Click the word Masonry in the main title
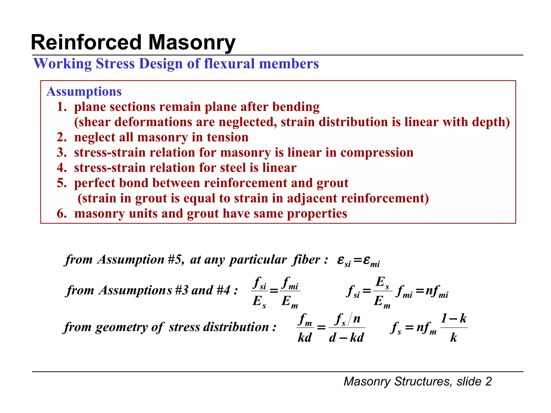pyautogui.click(x=192, y=42)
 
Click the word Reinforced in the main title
pyautogui.click(x=86, y=42)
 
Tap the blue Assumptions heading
pyautogui.click(x=84, y=91)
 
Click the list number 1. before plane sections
pyautogui.click(x=62, y=107)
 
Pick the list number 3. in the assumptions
pyautogui.click(x=62, y=152)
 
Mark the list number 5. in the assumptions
pyautogui.click(x=62, y=183)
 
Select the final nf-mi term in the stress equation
pyautogui.click(x=437, y=291)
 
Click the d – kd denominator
pyautogui.click(x=346, y=337)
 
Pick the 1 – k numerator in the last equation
pyautogui.click(x=454, y=319)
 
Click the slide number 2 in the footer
pyautogui.click(x=488, y=381)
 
